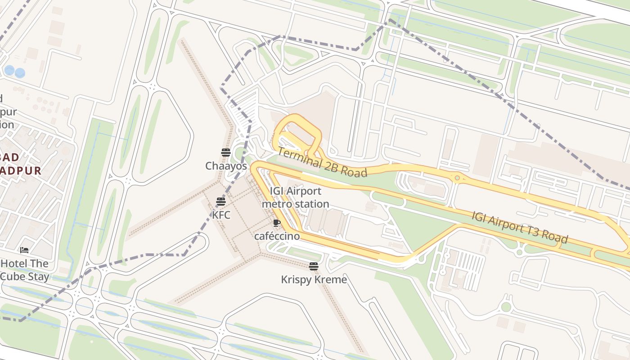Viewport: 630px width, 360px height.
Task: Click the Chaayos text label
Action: coord(226,166)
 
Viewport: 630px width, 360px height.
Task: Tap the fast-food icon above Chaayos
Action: coord(226,152)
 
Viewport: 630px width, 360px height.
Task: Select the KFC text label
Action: coord(221,215)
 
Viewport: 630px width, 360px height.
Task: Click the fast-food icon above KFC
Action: coord(220,201)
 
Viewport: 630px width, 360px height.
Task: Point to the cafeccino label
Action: coord(277,236)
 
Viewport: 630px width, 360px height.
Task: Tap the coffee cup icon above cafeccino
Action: coord(277,223)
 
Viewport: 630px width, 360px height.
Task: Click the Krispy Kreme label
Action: coord(314,279)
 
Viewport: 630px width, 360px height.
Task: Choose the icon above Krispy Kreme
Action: coord(314,266)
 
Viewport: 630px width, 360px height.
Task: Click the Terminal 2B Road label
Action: coord(322,162)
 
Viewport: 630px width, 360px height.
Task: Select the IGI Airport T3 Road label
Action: coord(519,227)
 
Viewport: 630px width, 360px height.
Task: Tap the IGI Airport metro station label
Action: coord(295,198)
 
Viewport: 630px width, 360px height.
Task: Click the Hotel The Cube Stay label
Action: coord(24,270)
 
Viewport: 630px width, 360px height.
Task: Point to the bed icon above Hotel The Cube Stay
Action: coord(24,250)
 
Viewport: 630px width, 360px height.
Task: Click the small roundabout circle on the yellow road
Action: coord(457,178)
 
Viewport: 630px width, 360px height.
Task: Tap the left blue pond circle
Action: coord(9,70)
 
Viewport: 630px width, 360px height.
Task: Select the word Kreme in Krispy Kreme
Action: coord(331,279)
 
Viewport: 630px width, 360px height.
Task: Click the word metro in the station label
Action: coord(275,204)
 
